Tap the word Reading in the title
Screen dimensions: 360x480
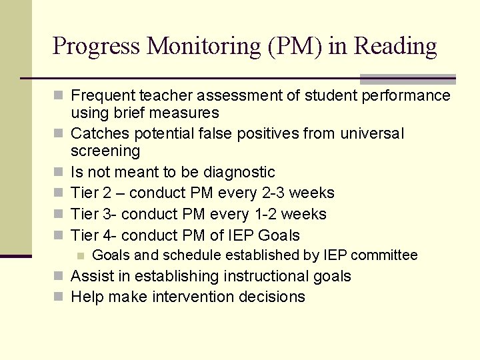pyautogui.click(x=395, y=46)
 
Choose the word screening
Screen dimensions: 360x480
pyautogui.click(x=105, y=151)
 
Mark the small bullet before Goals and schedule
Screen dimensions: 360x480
pyautogui.click(x=81, y=255)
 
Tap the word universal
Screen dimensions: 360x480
pyautogui.click(x=372, y=133)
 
